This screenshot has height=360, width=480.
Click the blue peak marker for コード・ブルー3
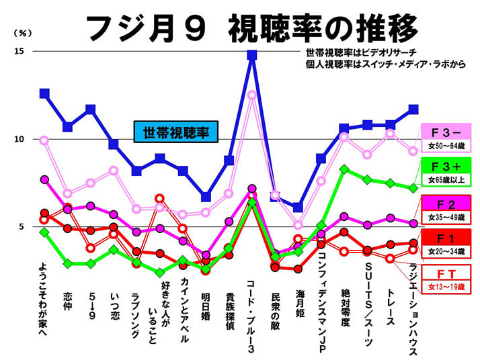(x=252, y=55)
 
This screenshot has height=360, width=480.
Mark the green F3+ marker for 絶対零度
(x=344, y=169)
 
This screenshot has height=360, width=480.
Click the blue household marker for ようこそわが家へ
(x=44, y=93)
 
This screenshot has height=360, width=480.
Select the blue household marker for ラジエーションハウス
(x=413, y=109)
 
